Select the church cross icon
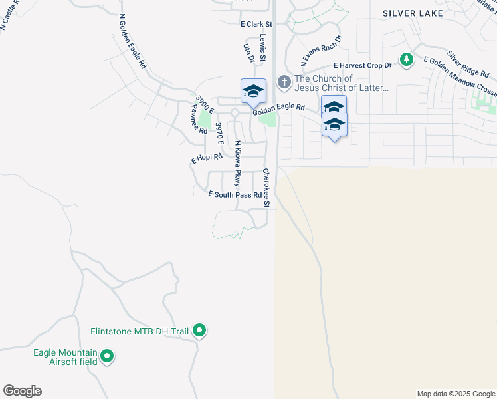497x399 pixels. click(284, 82)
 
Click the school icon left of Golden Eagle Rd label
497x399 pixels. click(253, 92)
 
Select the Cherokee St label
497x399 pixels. click(266, 188)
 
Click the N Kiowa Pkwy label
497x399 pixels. click(236, 164)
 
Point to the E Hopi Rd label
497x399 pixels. click(206, 159)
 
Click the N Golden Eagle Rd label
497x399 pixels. click(132, 42)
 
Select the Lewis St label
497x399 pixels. click(263, 49)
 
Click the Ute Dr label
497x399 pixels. click(249, 53)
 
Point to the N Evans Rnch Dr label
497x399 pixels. click(321, 51)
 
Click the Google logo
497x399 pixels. click(22, 391)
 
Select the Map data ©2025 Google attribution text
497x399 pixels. click(456, 394)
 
